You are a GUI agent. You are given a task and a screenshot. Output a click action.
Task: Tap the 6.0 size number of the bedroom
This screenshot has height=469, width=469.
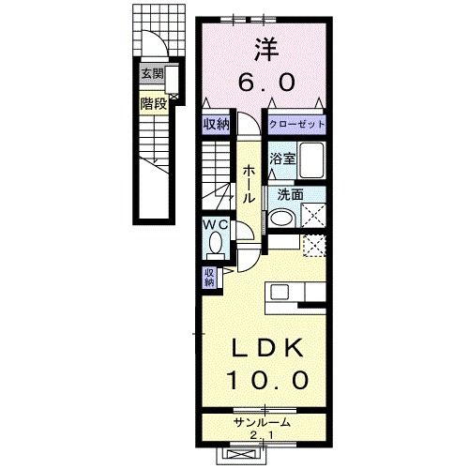[266, 82]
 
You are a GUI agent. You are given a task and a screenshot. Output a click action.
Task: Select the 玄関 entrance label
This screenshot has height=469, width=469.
[152, 74]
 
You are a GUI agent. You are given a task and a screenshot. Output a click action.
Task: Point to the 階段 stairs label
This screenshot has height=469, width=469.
[154, 103]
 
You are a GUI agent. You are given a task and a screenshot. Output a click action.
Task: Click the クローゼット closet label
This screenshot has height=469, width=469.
[297, 124]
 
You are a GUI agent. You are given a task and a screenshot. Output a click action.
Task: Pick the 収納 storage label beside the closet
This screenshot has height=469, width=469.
[217, 125]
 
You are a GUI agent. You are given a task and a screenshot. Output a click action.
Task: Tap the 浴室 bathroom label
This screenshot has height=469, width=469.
[282, 159]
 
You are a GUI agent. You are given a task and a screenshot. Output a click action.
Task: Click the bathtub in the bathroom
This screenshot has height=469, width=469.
[311, 160]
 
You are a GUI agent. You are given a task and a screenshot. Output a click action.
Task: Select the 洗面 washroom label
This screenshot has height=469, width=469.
[291, 195]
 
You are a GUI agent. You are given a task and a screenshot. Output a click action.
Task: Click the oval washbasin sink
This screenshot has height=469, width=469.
[282, 218]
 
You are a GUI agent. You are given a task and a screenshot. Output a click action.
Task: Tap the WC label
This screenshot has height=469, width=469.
[215, 224]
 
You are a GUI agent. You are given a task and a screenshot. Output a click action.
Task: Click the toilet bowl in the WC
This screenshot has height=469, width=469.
[216, 243]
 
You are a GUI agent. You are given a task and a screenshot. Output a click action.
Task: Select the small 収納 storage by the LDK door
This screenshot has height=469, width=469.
[209, 278]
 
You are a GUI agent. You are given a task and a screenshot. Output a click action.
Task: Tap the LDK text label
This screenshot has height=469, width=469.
[267, 348]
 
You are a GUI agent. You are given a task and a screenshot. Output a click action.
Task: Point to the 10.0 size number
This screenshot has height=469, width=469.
[269, 380]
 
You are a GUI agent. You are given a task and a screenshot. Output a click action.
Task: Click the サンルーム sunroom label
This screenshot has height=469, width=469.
[262, 423]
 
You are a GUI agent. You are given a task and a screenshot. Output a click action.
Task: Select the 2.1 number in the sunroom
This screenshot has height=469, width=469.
[262, 435]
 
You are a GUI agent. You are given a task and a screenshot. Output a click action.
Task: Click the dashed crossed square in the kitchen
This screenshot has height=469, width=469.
[314, 246]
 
